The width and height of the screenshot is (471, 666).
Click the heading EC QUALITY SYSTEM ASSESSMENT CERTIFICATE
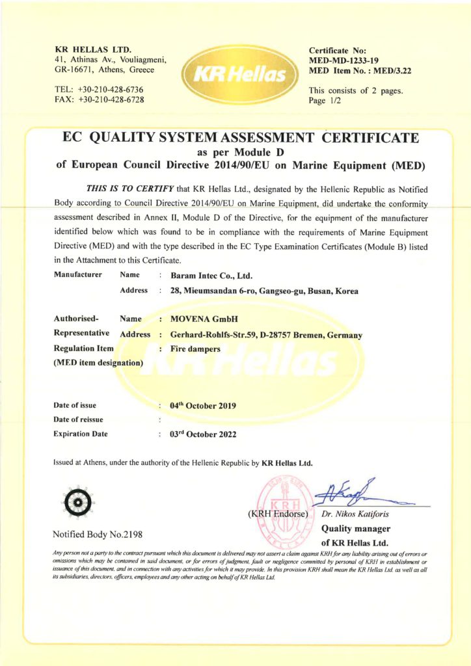click(240, 138)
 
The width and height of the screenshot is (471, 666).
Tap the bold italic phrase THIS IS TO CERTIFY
click(129, 189)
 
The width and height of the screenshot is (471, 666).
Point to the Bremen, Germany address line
click(265, 335)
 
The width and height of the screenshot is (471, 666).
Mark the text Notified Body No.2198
click(97, 534)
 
